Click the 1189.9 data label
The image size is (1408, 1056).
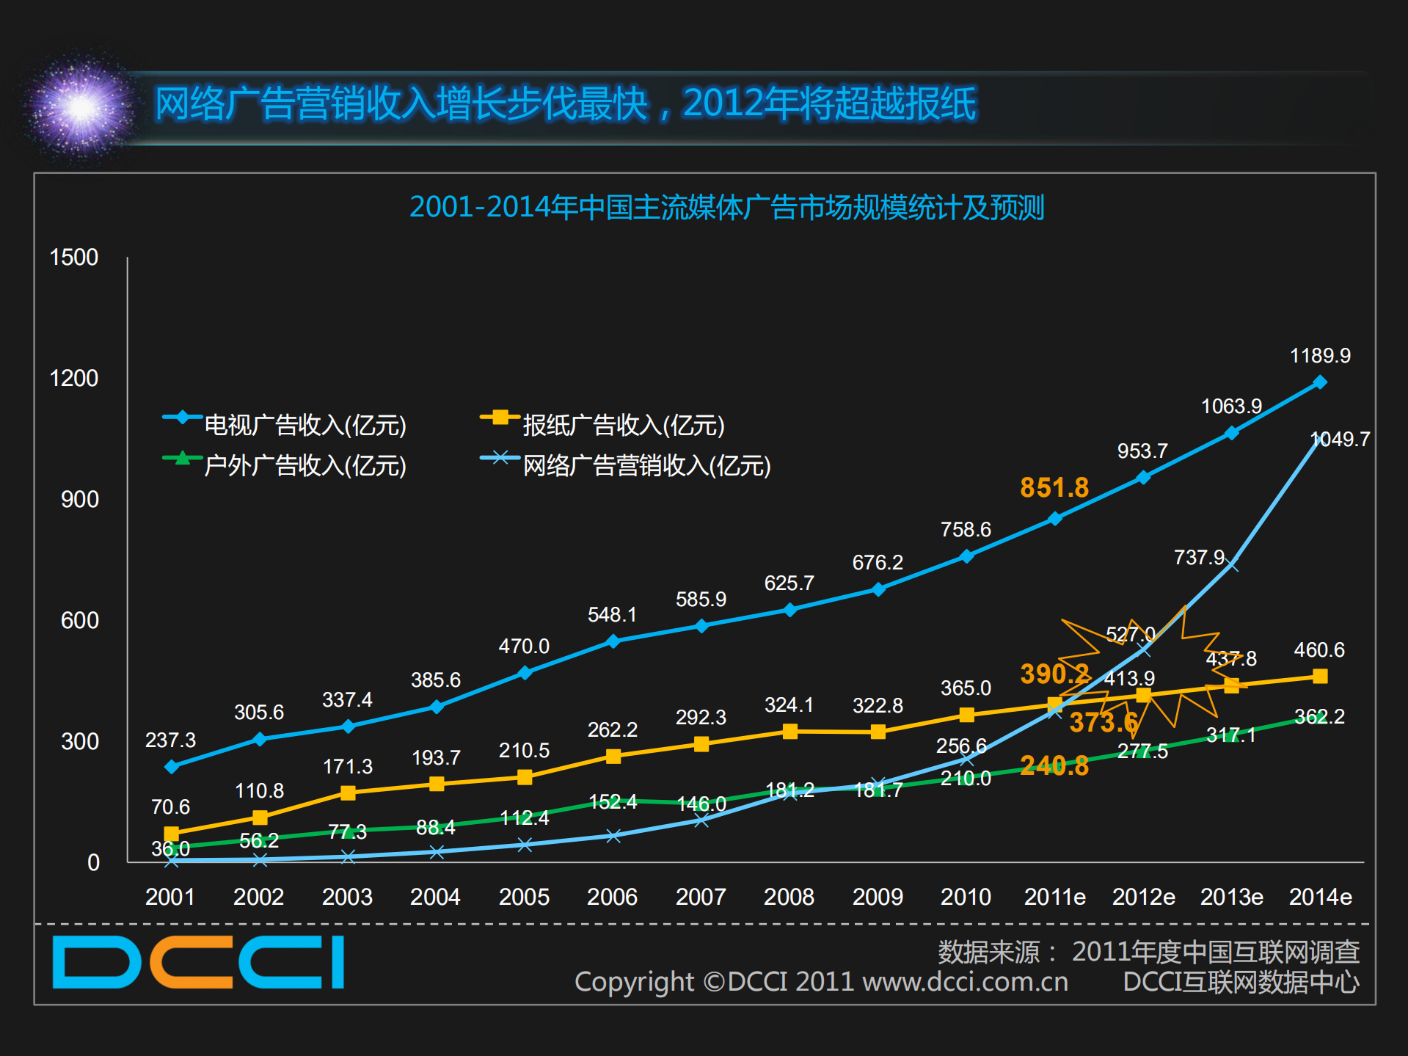pos(1319,356)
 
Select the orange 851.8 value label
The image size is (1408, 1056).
pos(1054,488)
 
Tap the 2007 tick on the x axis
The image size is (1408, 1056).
pos(700,897)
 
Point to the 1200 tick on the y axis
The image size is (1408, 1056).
pos(73,379)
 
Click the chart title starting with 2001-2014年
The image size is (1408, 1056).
pos(726,208)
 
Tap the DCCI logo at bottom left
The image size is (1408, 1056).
pos(198,962)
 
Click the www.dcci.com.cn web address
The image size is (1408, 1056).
pos(965,982)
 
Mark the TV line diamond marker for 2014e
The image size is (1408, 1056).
pos(1319,382)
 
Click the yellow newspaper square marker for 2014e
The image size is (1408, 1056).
pos(1319,676)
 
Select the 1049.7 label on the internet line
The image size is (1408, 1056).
pos(1340,440)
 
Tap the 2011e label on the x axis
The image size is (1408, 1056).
pos(1054,897)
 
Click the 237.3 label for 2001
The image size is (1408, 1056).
pos(170,740)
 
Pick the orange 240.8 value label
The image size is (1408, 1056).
pos(1054,766)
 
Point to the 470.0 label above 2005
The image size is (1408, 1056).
pos(524,647)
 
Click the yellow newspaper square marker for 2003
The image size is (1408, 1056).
pos(348,793)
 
